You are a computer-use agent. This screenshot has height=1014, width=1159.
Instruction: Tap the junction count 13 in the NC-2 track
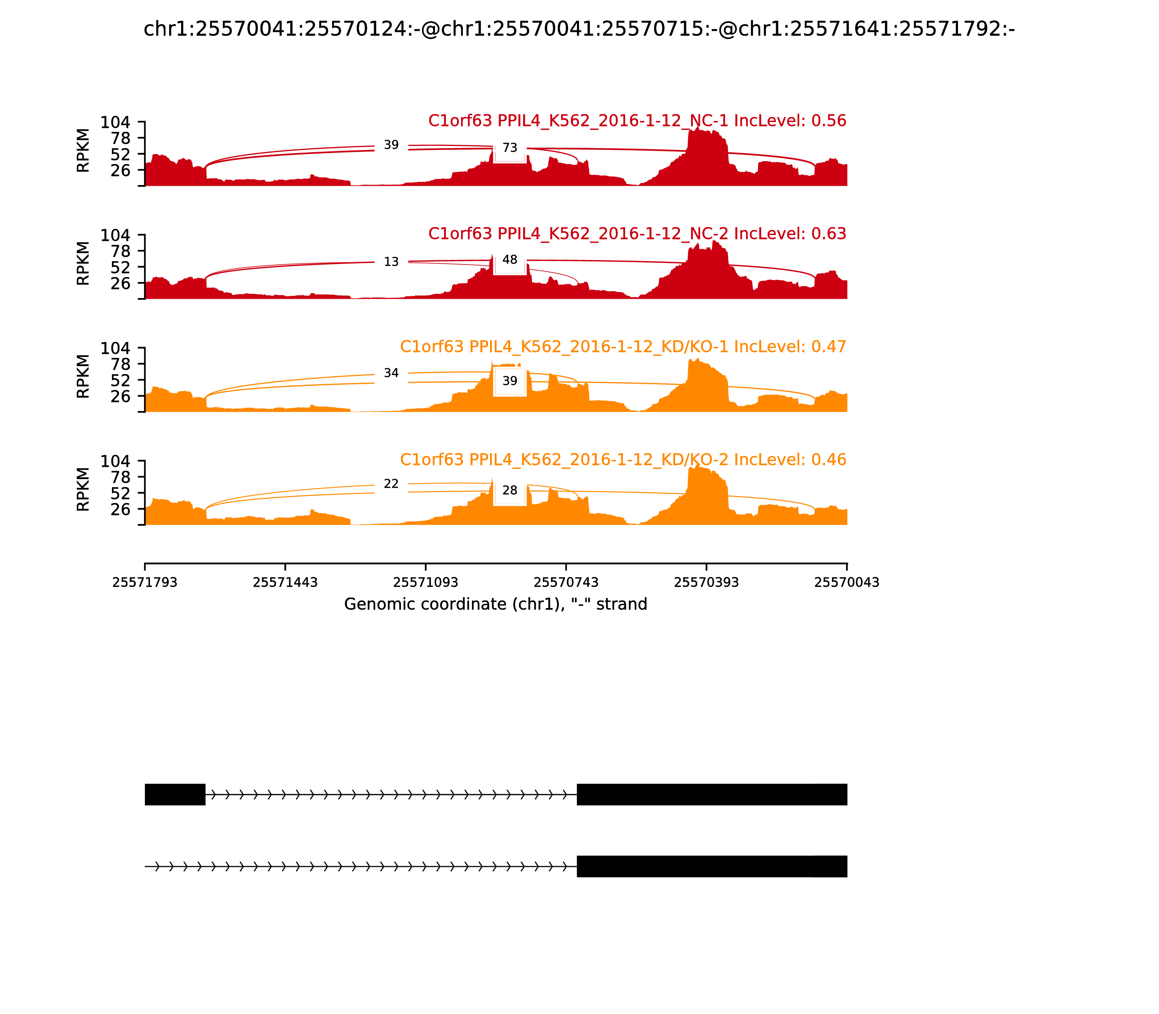point(391,262)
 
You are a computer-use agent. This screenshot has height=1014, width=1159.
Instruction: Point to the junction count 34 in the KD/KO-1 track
point(391,373)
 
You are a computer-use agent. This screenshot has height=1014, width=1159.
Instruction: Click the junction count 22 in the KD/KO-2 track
point(391,484)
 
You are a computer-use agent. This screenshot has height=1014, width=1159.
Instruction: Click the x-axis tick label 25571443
point(285,582)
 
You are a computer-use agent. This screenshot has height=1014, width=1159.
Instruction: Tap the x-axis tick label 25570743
point(566,582)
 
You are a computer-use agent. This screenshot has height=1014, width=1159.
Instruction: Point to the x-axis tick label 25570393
point(706,582)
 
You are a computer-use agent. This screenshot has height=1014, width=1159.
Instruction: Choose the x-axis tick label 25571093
point(426,582)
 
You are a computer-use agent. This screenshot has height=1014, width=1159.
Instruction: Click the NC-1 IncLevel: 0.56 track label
point(637,121)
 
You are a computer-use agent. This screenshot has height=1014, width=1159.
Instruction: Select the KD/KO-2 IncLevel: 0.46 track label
point(623,460)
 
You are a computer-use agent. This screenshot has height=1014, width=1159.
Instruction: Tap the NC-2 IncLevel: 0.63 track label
point(637,234)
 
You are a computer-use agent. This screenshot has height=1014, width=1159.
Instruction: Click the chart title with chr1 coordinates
point(579,29)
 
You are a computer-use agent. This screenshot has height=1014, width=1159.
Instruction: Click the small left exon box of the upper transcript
point(175,795)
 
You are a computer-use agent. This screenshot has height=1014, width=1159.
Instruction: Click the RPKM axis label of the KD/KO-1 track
point(83,376)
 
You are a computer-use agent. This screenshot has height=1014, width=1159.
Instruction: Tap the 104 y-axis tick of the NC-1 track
point(116,122)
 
